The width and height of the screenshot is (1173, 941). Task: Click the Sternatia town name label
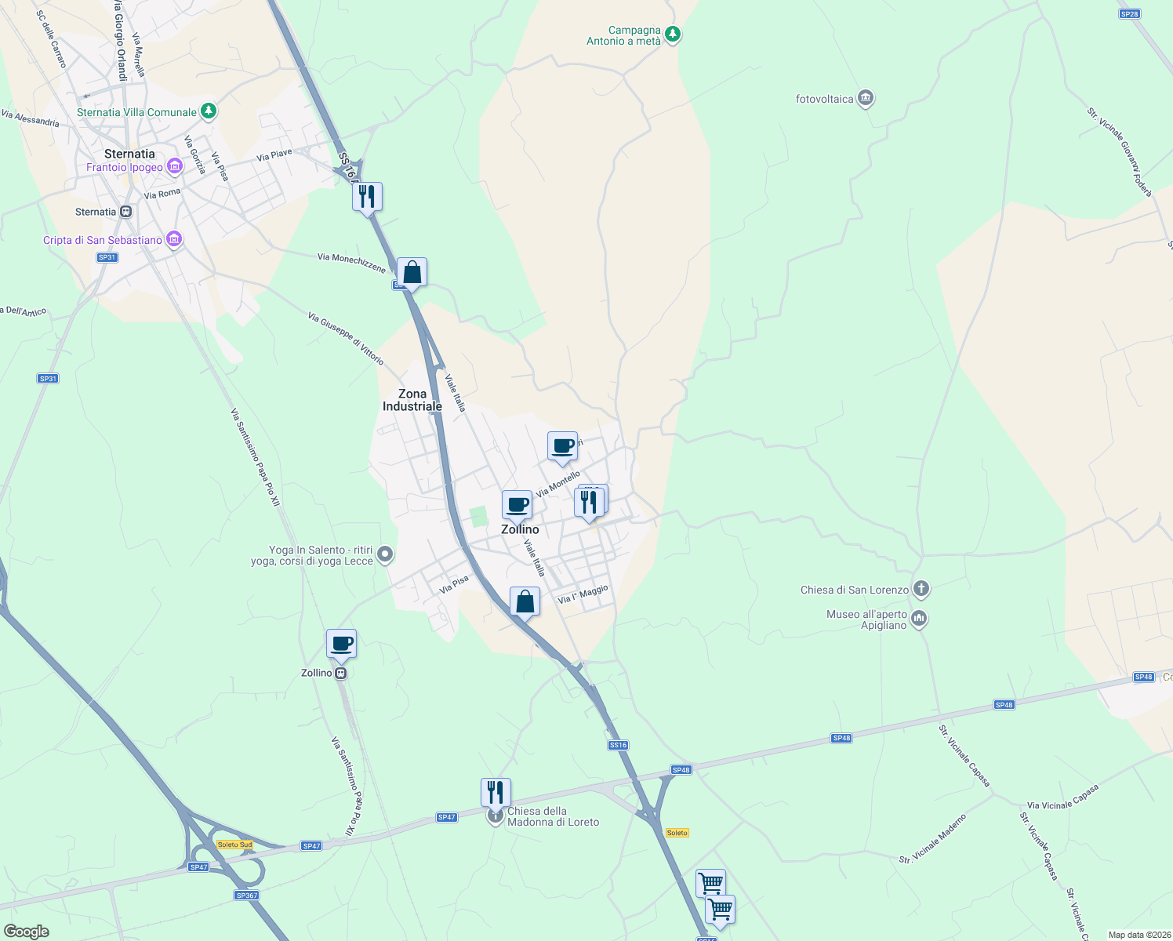(129, 154)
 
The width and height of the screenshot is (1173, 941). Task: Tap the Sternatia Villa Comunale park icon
(208, 111)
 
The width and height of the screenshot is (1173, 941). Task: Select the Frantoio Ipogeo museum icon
(174, 166)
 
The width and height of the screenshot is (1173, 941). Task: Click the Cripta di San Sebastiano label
(103, 240)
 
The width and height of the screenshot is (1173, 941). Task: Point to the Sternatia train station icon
(125, 212)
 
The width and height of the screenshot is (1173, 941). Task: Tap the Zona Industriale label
(412, 400)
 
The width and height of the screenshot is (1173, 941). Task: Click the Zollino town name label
(520, 529)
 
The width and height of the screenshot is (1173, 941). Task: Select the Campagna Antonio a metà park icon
(672, 35)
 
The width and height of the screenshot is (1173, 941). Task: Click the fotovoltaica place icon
(866, 99)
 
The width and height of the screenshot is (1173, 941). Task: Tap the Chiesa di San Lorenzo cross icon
(921, 589)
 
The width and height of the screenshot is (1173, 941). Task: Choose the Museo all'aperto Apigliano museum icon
(919, 619)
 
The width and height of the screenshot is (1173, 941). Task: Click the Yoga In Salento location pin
(384, 555)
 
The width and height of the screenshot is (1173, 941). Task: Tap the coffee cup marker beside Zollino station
(341, 645)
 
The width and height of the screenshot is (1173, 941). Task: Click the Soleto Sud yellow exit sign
(235, 845)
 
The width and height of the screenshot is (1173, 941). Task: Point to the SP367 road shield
(246, 895)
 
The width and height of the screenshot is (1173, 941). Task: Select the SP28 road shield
(1128, 14)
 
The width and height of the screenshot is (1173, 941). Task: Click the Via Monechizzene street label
(352, 263)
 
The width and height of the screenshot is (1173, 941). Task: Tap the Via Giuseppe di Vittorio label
(346, 339)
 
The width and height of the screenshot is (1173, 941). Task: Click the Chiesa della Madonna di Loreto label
(554, 817)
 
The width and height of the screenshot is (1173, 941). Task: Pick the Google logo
(27, 932)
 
